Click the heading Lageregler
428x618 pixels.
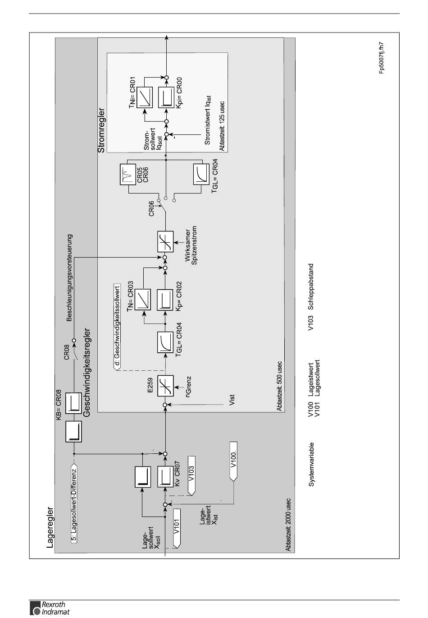50,527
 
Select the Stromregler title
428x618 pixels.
101,130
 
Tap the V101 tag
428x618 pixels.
177,528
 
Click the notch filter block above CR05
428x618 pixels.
128,175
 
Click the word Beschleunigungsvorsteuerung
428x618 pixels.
69,277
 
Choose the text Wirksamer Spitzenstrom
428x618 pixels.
191,245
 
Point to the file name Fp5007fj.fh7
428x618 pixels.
381,58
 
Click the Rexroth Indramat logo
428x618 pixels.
50,608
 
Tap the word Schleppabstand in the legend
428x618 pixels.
310,286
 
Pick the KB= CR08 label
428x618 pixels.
59,405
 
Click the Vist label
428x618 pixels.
232,400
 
